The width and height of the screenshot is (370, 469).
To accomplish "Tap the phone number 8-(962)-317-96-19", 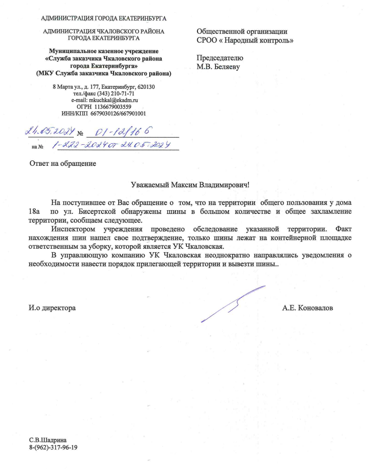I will [x=53, y=448].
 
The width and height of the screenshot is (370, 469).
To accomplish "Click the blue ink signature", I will [x=234, y=304].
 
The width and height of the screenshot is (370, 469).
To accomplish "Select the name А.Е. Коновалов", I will [x=308, y=308].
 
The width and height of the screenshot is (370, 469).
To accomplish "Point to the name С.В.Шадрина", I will [x=48, y=440].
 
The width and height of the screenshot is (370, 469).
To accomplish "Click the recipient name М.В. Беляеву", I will [x=218, y=67].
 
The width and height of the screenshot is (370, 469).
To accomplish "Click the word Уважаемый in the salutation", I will [x=150, y=184].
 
